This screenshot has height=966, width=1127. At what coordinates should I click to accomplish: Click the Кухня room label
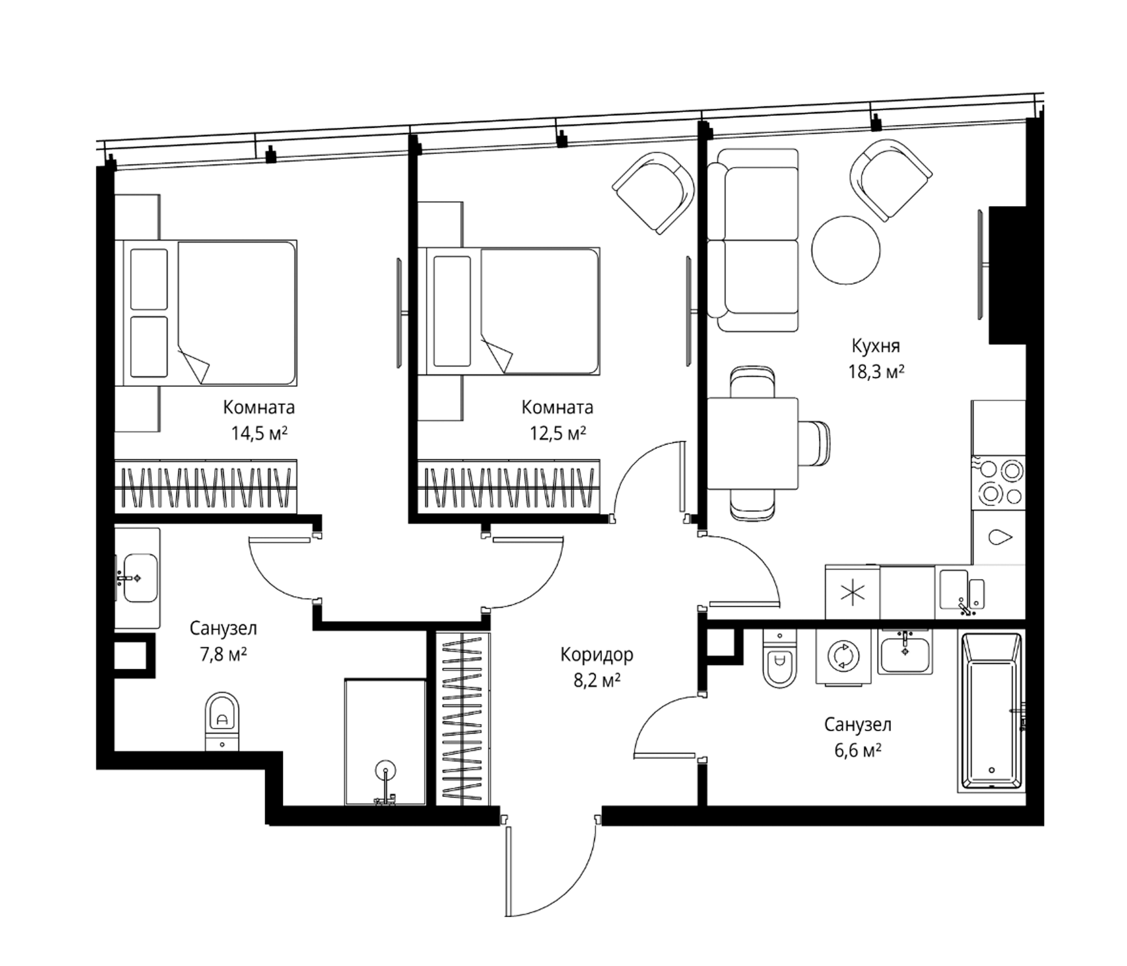876,346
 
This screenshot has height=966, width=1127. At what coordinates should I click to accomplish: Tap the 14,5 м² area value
259,434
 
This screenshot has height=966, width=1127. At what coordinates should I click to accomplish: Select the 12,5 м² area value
558,434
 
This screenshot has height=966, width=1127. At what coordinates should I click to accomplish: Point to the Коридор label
597,655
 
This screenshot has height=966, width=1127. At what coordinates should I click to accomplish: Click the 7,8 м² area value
224,654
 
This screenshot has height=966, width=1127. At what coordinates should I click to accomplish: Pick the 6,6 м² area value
858,751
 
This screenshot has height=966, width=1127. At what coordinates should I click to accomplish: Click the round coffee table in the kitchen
845,250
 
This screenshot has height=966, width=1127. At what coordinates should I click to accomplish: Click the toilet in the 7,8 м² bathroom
222,722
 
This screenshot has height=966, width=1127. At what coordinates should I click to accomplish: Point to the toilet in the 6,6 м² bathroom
779,658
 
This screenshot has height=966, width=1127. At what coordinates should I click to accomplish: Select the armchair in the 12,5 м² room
653,193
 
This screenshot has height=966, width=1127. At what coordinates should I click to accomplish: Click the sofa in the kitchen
753,240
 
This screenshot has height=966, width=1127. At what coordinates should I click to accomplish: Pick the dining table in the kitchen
753,443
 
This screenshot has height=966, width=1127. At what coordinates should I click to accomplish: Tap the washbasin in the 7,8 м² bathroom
137,578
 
